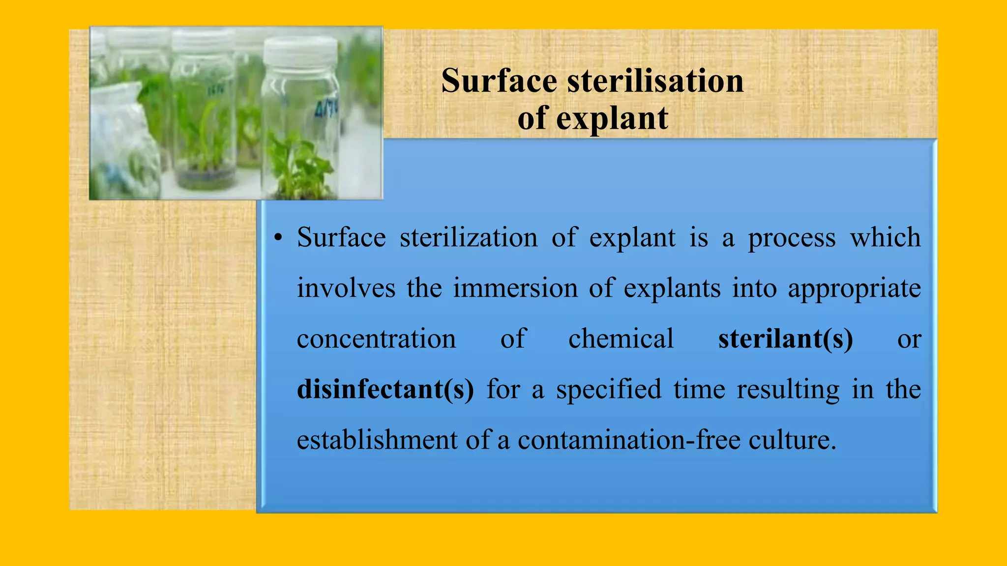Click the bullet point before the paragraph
[x=278, y=238]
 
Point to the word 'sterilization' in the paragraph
[x=468, y=238]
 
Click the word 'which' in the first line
[x=885, y=238]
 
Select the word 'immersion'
[x=515, y=288]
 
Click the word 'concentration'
[x=376, y=339]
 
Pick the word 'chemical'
[x=621, y=339]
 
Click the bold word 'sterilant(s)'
[x=785, y=339]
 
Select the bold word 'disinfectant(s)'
[x=385, y=390]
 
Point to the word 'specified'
[x=609, y=390]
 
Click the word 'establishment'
[x=377, y=440]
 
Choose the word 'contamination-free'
[x=629, y=440]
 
